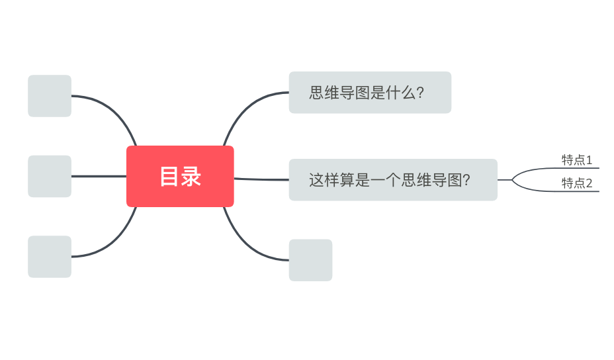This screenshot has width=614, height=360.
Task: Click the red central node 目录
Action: pos(180,176)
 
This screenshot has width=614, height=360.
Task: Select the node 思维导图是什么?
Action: pos(370,93)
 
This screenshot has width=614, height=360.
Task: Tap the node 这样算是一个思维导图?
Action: pos(393,180)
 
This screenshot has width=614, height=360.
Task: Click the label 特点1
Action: pos(577,160)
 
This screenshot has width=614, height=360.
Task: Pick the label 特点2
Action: pos(577,183)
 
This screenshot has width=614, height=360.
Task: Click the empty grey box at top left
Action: pos(50,96)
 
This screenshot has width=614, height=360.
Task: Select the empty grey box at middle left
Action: pos(50,176)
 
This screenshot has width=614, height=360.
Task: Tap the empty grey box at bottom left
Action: pos(50,257)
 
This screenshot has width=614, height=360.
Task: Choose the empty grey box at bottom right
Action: pos(310,260)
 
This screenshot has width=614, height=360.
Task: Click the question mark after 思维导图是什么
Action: pos(419,93)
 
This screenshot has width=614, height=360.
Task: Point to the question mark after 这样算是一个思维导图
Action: pos(466,180)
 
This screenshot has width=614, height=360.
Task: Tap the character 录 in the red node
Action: pos(191,176)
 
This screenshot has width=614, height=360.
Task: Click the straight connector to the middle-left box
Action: pos(99,176)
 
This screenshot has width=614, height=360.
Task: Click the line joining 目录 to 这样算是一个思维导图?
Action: pos(261,179)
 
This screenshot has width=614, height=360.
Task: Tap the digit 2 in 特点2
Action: pos(589,183)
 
